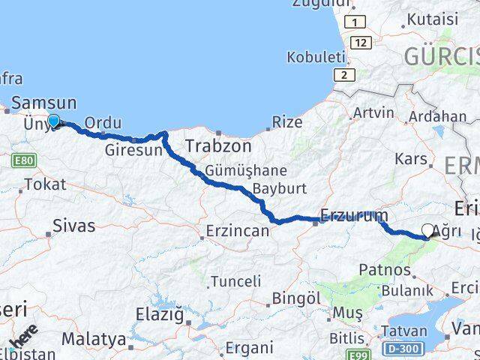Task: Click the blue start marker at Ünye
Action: pos(54,121)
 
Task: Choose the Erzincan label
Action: pos(237,231)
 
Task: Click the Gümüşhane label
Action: pos(235,170)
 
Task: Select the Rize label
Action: pos(287,121)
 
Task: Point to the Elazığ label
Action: pos(159,315)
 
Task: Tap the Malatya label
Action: pos(94,339)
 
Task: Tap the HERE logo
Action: pos(22,338)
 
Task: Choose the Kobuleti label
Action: pos(316,57)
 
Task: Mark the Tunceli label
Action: pos(235,281)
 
